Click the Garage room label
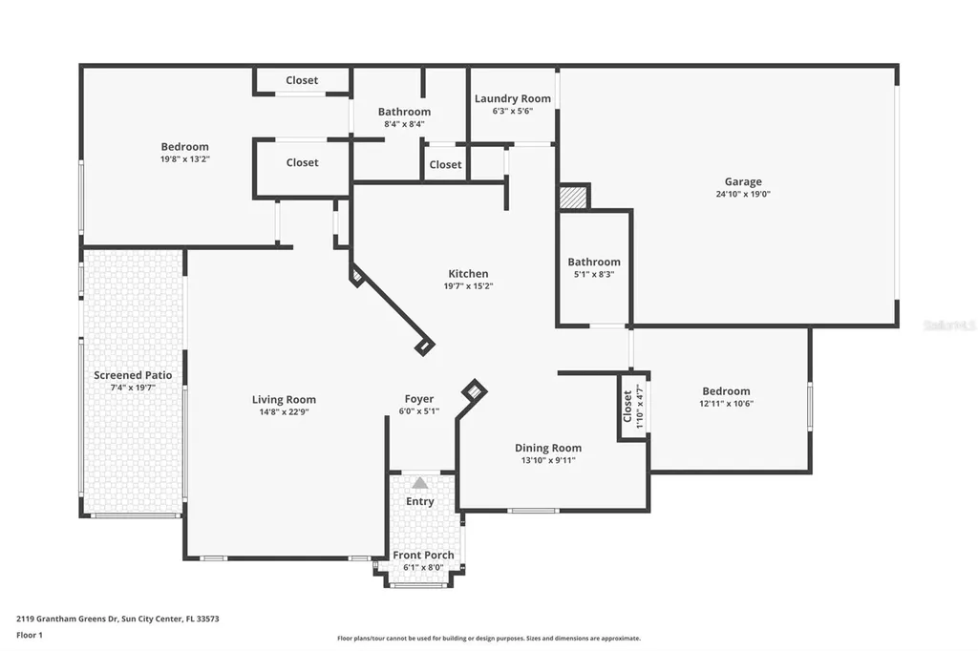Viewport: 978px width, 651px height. point(743,182)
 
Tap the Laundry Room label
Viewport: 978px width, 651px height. point(513,98)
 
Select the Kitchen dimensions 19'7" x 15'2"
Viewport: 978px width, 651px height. point(468,286)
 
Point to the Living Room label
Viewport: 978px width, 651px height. point(284,400)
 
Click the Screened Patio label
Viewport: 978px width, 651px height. point(133,375)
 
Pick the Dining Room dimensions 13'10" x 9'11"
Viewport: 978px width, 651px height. point(548,461)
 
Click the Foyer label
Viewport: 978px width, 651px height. point(419,399)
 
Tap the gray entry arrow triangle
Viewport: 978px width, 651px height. point(420,483)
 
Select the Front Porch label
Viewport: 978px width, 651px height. point(423,555)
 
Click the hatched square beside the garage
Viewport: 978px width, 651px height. point(573,197)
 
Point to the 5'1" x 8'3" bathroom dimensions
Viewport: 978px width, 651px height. point(594,274)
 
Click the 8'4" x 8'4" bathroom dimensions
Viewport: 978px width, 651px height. point(404,124)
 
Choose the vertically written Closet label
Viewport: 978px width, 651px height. point(627,406)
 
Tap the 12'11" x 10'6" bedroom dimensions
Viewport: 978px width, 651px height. point(726,404)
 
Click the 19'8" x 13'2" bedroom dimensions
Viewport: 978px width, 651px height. point(184,159)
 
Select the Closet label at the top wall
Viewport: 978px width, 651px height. point(302,80)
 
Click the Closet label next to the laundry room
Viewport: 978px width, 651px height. point(445,164)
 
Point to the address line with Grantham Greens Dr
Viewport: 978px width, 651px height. point(117,619)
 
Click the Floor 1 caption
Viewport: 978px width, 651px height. point(30,636)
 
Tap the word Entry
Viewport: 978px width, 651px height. point(420,501)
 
